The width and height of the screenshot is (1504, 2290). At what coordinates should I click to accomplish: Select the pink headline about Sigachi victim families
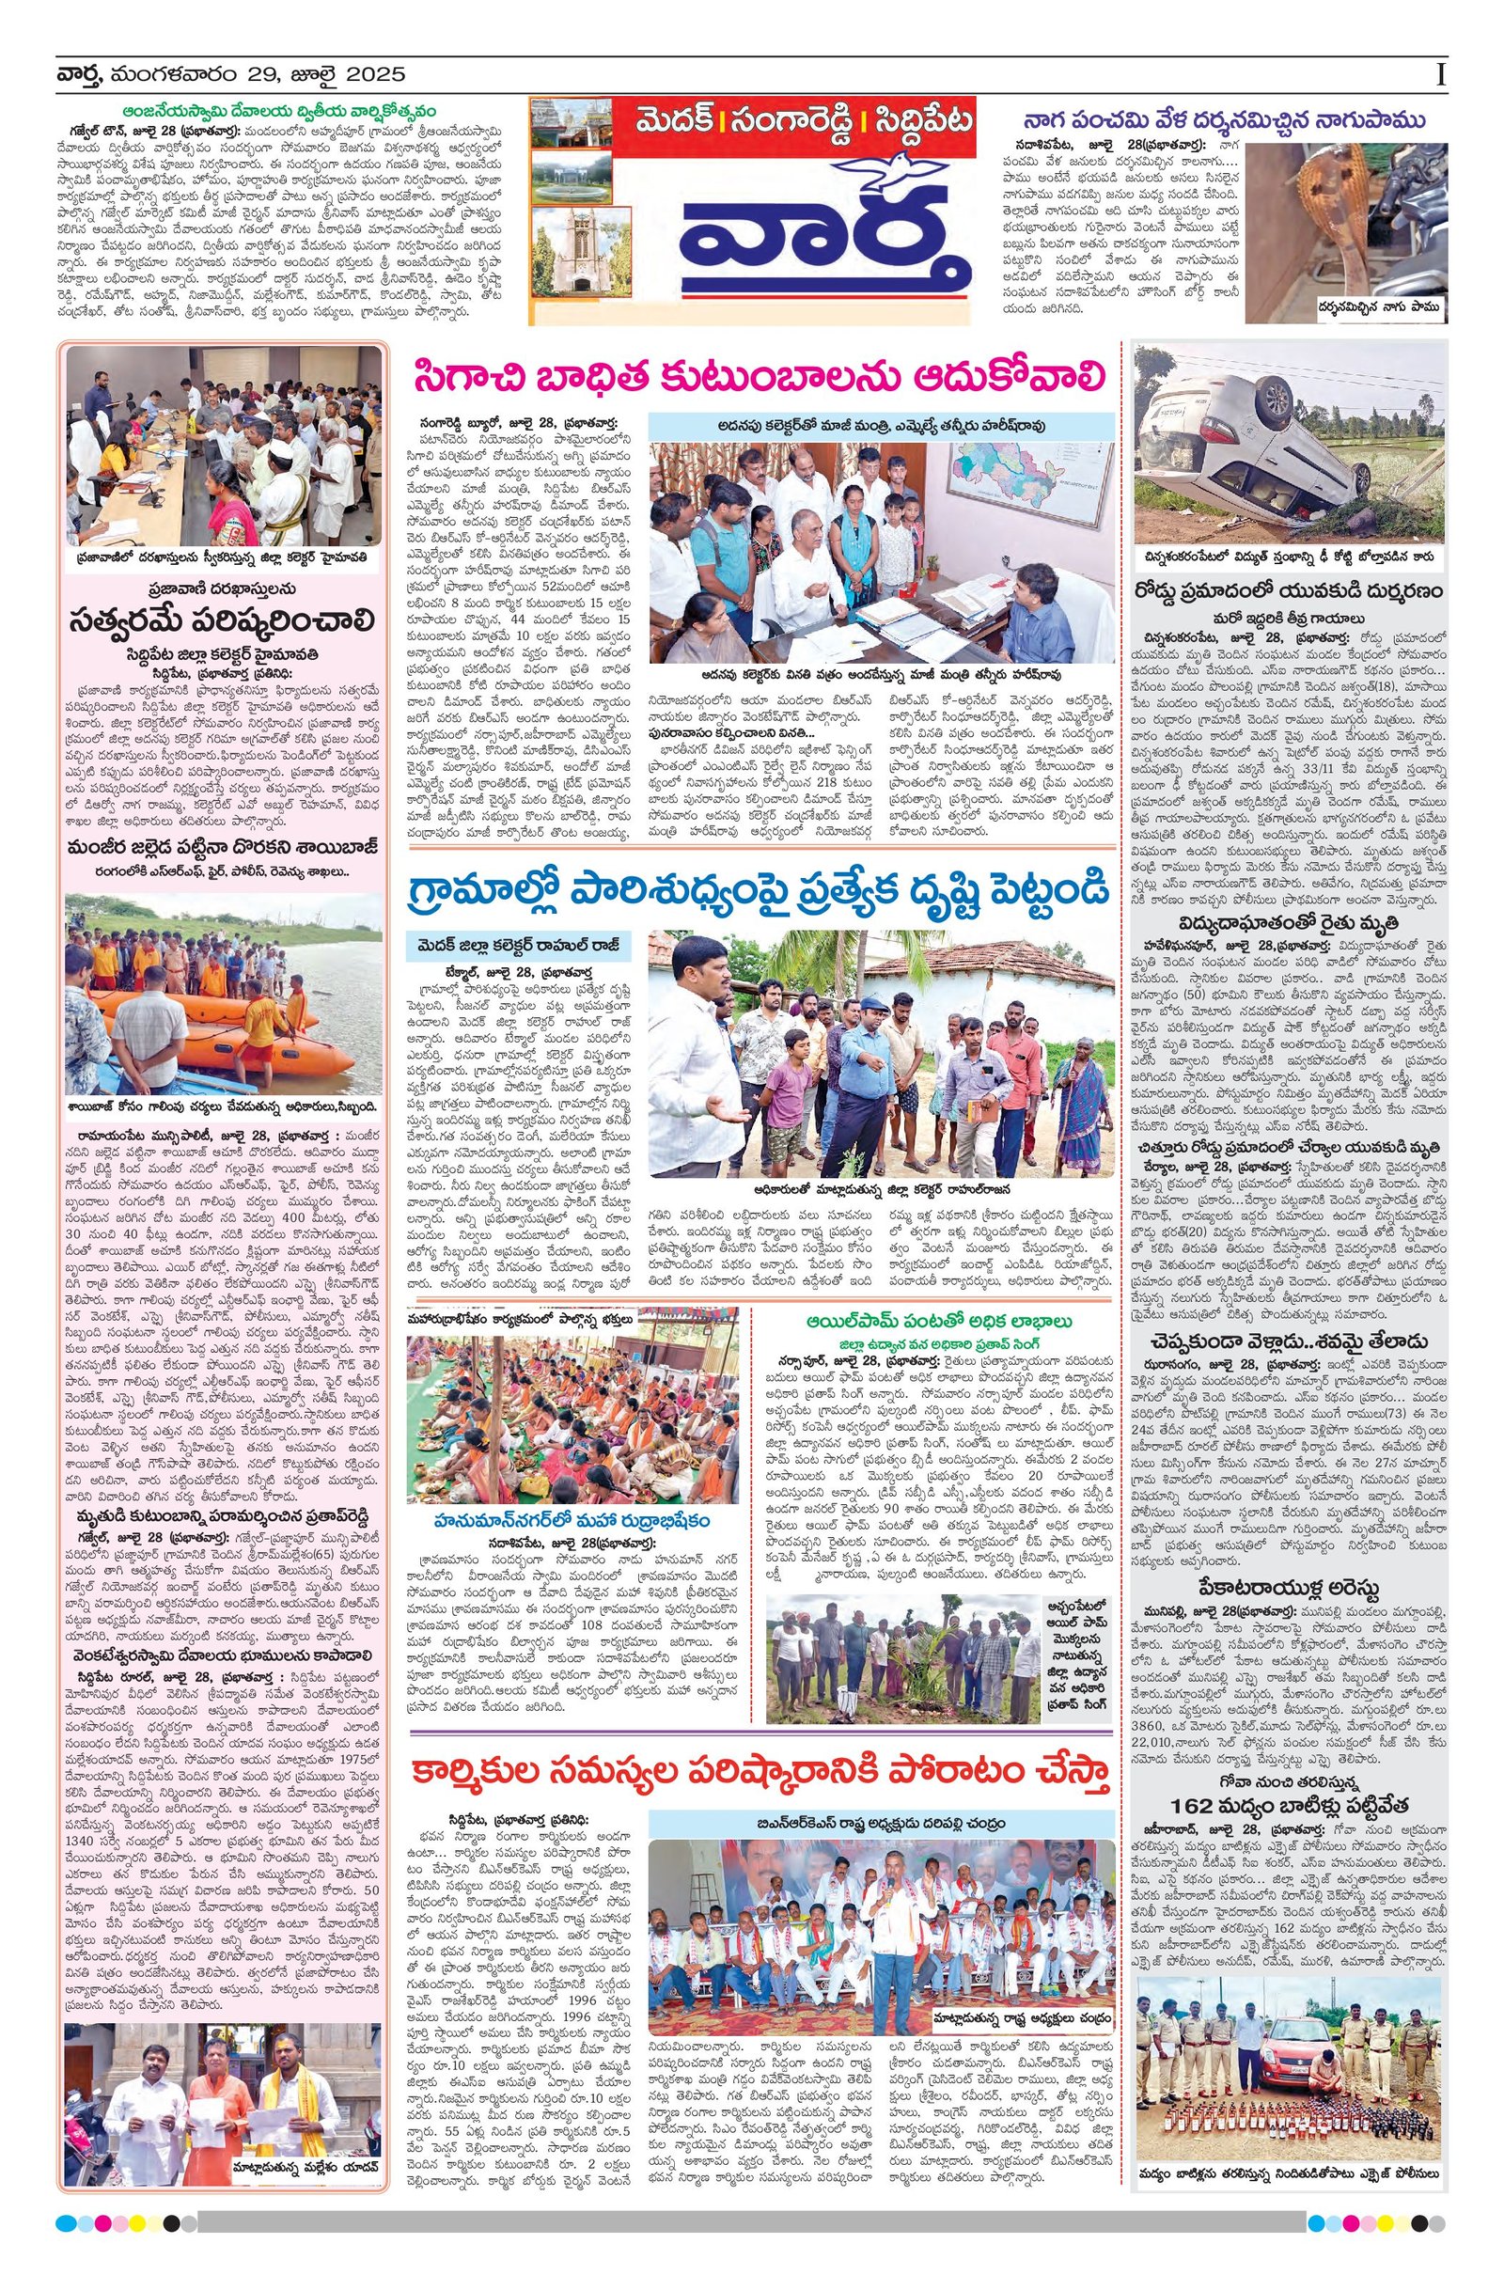coord(760,375)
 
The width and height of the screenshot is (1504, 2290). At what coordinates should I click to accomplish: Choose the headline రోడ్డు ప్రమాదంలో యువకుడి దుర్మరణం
coord(1290,587)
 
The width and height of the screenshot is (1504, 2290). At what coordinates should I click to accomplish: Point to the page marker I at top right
coord(1439,75)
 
